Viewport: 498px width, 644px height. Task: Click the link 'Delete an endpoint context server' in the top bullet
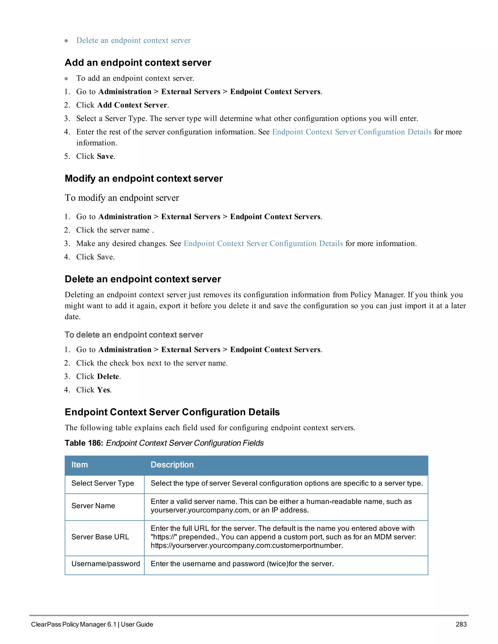click(x=133, y=40)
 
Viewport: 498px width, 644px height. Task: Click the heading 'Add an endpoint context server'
click(x=138, y=62)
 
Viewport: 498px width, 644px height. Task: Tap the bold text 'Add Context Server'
click(x=132, y=105)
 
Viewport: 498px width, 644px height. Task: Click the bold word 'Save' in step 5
click(x=105, y=156)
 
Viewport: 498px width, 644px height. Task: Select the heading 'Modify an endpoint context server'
click(x=144, y=178)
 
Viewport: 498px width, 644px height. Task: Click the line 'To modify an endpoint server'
click(x=122, y=198)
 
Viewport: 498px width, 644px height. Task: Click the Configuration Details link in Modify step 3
click(x=263, y=244)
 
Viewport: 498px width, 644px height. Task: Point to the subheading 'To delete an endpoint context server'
click(x=134, y=335)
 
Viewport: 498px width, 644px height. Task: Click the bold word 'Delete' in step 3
click(x=108, y=376)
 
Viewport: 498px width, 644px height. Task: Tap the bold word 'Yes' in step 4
click(x=104, y=390)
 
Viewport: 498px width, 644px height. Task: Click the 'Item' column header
click(x=80, y=465)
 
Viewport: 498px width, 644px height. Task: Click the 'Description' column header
click(x=172, y=465)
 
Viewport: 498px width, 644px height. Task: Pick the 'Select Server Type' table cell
click(x=103, y=483)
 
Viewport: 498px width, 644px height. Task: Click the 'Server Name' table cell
click(x=93, y=506)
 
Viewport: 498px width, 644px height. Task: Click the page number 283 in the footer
click(x=461, y=624)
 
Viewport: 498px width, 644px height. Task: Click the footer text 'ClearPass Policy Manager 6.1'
click(x=74, y=624)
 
